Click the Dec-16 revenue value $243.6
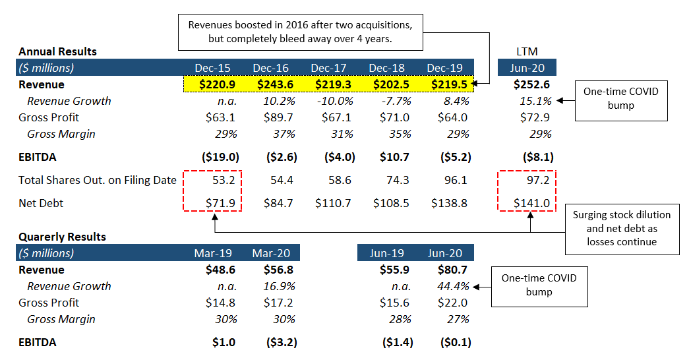pos(275,84)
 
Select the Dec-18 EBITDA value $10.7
pos(394,157)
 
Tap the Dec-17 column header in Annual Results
pos(329,68)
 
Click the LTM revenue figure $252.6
pos(531,84)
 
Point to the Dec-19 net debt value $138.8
pos(449,203)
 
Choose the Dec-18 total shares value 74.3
pos(398,180)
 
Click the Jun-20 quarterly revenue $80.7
pos(452,270)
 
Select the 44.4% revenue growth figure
pos(453,286)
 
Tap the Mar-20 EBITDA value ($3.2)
pos(282,342)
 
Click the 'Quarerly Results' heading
pos(63,237)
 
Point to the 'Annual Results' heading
pos(57,51)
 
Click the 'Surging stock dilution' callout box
pos(622,229)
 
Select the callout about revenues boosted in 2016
pos(301,32)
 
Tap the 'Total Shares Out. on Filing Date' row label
pos(98,180)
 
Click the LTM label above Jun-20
pos(527,51)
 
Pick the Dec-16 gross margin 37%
pos(284,134)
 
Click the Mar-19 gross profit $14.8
pos(220,303)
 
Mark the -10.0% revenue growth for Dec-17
pos(335,101)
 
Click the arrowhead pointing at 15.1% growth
pos(559,101)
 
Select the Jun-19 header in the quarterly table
pos(386,253)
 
